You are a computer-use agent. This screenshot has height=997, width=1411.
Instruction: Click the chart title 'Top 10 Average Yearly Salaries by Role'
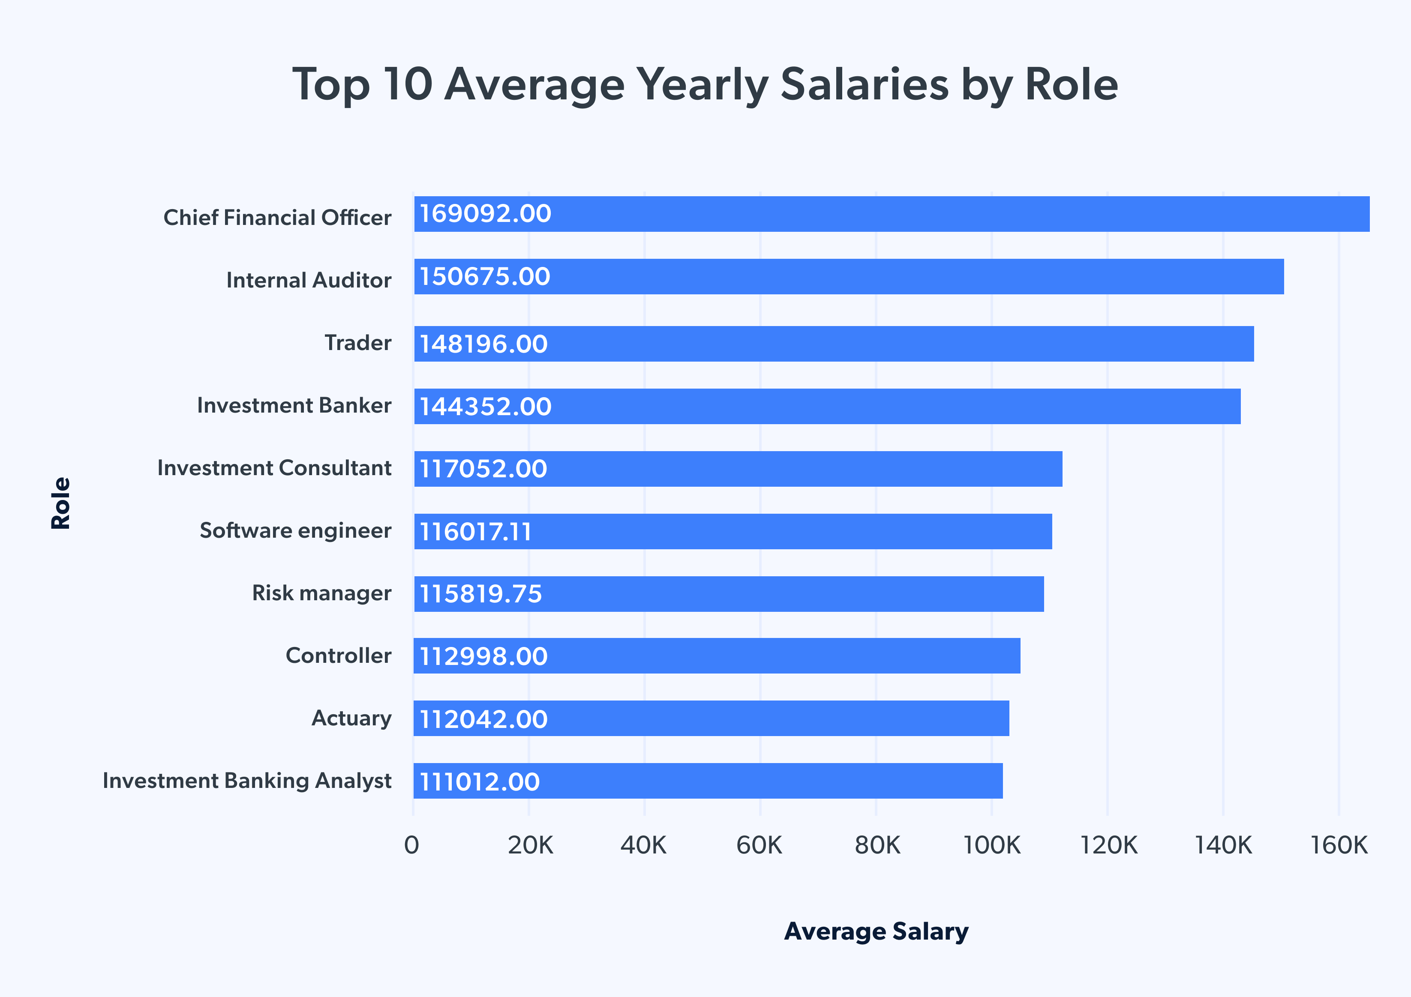click(705, 85)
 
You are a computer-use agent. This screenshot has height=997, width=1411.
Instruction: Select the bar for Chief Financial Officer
click(891, 214)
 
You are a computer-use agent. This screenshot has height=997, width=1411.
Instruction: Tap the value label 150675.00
click(485, 276)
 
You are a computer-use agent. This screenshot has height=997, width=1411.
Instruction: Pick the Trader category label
click(357, 343)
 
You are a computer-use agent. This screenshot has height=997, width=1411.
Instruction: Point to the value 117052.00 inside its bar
click(483, 469)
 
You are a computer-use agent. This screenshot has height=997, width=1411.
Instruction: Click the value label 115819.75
click(480, 594)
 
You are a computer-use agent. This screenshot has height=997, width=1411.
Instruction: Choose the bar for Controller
click(717, 656)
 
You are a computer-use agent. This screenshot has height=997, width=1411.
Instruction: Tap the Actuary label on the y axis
click(351, 718)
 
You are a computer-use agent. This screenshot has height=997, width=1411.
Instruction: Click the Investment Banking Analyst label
click(246, 781)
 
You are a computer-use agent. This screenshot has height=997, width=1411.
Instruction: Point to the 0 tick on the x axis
click(412, 846)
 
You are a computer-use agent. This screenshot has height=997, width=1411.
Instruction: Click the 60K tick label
click(759, 846)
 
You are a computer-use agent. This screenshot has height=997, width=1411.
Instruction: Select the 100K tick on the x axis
click(991, 846)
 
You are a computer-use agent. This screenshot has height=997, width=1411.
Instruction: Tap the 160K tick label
click(1339, 846)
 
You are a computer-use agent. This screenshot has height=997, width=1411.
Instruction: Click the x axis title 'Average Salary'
click(877, 931)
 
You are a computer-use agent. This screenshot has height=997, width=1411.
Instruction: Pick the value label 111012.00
click(479, 782)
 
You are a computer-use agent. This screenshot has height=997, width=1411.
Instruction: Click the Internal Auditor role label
click(309, 280)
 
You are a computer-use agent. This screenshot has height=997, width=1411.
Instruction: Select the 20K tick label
click(530, 846)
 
